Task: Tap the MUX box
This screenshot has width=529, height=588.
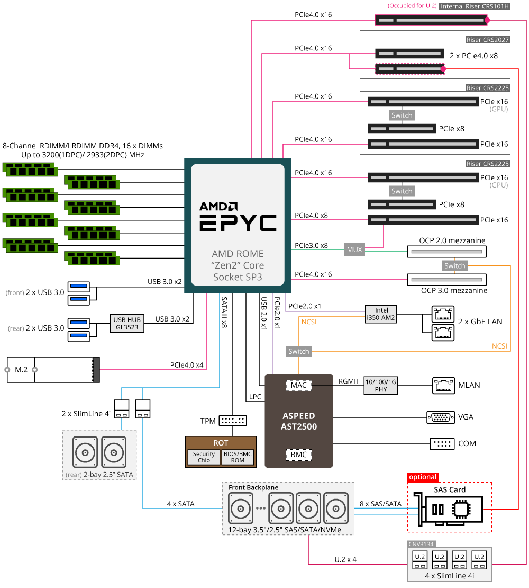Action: click(354, 249)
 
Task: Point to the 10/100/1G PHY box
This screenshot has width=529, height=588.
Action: click(381, 386)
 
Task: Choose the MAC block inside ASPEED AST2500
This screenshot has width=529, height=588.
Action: click(298, 385)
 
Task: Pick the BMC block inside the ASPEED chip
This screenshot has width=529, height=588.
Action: click(298, 455)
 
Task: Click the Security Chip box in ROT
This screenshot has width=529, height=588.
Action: click(204, 457)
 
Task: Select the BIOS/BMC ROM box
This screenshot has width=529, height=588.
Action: click(238, 457)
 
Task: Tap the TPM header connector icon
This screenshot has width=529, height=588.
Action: click(233, 421)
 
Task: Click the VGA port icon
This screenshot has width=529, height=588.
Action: click(440, 417)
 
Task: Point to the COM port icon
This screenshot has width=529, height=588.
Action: click(440, 443)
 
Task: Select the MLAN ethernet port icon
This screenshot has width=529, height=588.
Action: click(443, 385)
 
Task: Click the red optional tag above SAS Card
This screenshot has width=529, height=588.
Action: click(423, 477)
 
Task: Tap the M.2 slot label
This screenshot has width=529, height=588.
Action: click(21, 369)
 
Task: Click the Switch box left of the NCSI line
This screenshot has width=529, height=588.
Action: click(299, 351)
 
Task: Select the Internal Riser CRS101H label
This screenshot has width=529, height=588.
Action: click(475, 6)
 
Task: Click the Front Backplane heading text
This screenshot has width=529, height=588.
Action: click(253, 487)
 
